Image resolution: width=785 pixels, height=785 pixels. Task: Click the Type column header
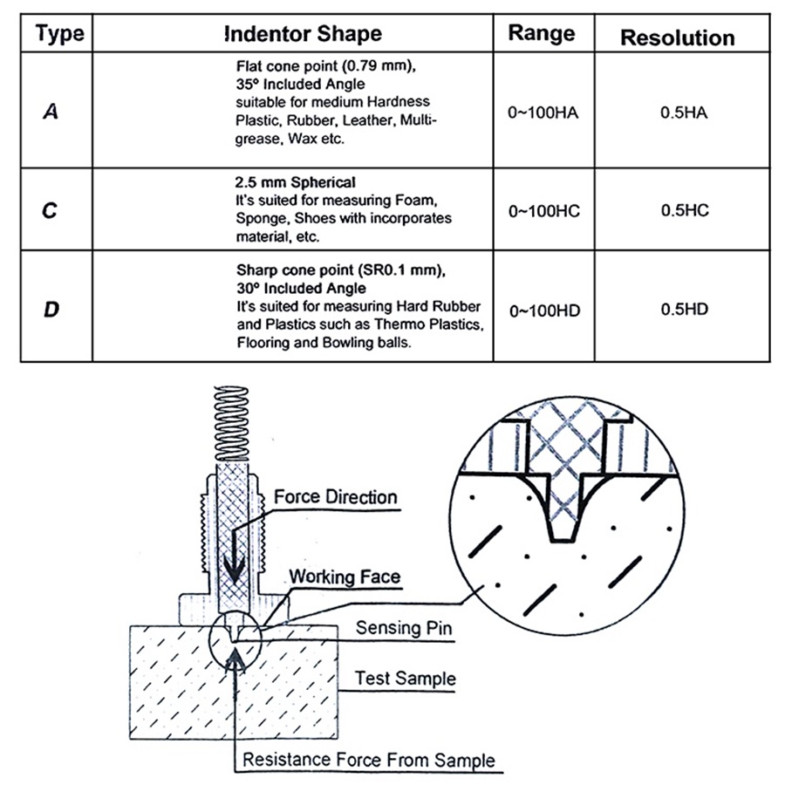click(x=60, y=35)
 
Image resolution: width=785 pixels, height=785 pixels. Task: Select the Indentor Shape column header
click(x=303, y=35)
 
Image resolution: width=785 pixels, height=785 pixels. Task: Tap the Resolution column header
click(x=677, y=38)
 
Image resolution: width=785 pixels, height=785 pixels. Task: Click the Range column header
click(x=542, y=33)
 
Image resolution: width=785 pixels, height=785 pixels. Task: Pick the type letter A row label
click(x=51, y=112)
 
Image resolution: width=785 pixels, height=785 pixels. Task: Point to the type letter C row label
click(x=51, y=210)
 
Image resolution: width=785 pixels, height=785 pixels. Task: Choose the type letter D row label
click(x=51, y=308)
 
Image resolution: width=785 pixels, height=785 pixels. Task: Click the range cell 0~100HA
click(x=543, y=113)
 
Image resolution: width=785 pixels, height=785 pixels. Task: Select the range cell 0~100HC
click(x=543, y=211)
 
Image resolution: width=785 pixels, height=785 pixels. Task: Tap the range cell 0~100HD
click(x=543, y=308)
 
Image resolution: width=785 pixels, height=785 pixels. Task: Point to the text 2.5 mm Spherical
click(x=296, y=183)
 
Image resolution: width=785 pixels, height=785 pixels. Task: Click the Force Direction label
click(x=336, y=498)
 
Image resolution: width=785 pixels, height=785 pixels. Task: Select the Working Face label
click(x=345, y=577)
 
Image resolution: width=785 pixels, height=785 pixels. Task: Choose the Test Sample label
click(x=405, y=678)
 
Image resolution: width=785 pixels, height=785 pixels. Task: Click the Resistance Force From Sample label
click(x=368, y=759)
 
